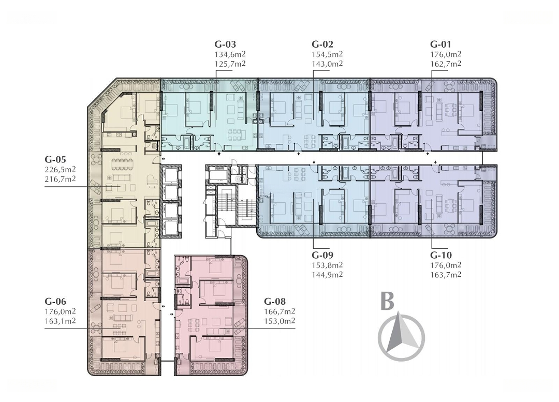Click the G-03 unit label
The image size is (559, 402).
tap(225, 44)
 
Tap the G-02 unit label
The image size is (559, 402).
tap(322, 44)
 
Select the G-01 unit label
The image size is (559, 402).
tap(440, 44)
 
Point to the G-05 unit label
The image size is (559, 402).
tap(55, 159)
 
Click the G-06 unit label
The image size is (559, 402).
tap(55, 302)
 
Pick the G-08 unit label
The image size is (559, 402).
tap(274, 302)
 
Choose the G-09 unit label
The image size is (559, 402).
tap(322, 255)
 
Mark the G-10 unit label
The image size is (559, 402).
tap(441, 255)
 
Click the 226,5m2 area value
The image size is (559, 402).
tap(60, 169)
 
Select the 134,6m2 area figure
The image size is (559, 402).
tap(230, 54)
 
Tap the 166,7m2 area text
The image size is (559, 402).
tap(279, 311)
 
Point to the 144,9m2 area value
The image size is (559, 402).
tap(327, 274)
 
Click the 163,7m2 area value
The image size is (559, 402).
tap(446, 274)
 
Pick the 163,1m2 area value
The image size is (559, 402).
tap(60, 321)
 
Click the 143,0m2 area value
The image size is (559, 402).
tap(327, 64)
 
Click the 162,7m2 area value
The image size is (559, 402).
tap(446, 64)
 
